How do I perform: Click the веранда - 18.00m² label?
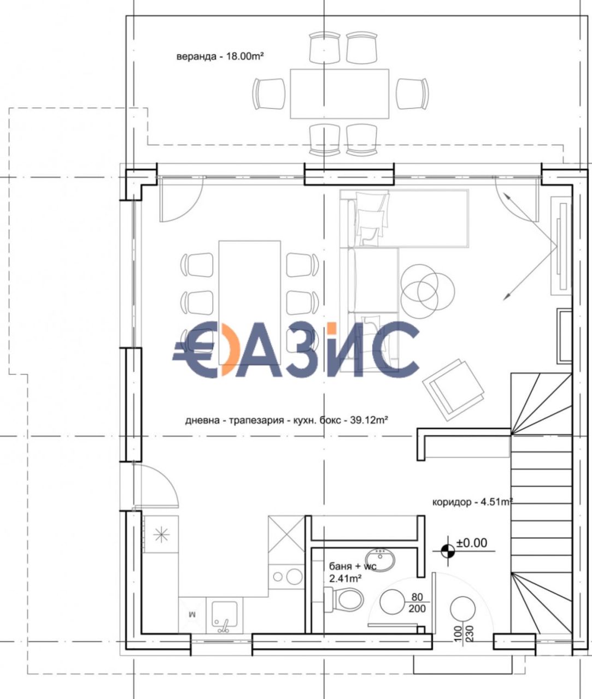pyautogui.click(x=220, y=56)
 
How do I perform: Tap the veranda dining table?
pyautogui.click(x=339, y=94)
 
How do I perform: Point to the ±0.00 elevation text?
pyautogui.click(x=472, y=543)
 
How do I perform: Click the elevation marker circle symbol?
pyautogui.click(x=448, y=551)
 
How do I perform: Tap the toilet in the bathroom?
pyautogui.click(x=343, y=600)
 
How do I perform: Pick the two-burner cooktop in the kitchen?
pyautogui.click(x=286, y=577)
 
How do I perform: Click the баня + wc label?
pyautogui.click(x=353, y=566)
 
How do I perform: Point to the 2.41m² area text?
pyautogui.click(x=345, y=579)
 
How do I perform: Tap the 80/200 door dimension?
pyautogui.click(x=417, y=603)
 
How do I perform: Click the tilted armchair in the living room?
pyautogui.click(x=454, y=389)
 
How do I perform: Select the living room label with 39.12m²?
pyautogui.click(x=286, y=420)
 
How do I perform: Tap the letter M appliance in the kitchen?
pyautogui.click(x=192, y=614)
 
